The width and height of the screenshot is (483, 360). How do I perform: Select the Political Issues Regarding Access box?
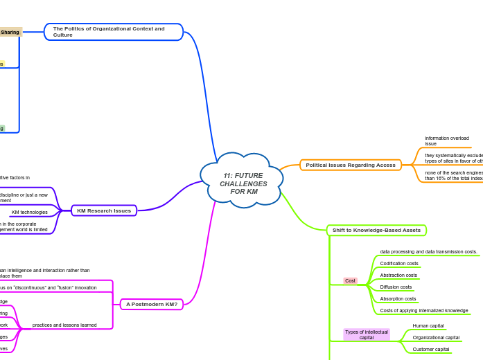[x=351, y=165]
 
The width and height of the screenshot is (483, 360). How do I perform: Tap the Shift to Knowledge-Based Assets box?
[x=376, y=230]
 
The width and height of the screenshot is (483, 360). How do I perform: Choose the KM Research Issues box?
[x=104, y=210]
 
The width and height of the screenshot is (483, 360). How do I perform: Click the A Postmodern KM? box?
[x=152, y=304]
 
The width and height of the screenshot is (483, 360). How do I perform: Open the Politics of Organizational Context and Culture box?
[x=113, y=32]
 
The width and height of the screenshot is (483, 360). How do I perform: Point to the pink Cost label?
[x=351, y=280]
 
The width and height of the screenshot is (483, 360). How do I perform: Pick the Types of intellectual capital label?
[x=367, y=334]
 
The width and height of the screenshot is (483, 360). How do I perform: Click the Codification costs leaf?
[x=398, y=264]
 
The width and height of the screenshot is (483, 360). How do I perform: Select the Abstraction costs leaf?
[x=398, y=275]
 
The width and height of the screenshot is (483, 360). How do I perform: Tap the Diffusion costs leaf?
[x=396, y=287]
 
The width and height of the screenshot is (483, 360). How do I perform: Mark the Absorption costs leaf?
[x=398, y=298]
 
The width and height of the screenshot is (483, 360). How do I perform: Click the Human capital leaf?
[x=428, y=325]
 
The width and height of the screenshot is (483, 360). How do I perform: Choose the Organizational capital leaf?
[x=436, y=337]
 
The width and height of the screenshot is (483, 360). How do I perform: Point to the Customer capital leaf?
[x=431, y=350]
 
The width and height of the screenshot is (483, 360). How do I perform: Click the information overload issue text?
[x=447, y=141]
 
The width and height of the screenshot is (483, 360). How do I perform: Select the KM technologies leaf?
[x=30, y=212]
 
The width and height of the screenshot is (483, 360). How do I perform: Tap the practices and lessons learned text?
[x=64, y=325]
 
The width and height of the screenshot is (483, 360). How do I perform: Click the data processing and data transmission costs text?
[x=428, y=251]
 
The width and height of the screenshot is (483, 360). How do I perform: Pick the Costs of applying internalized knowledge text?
[x=424, y=310]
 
